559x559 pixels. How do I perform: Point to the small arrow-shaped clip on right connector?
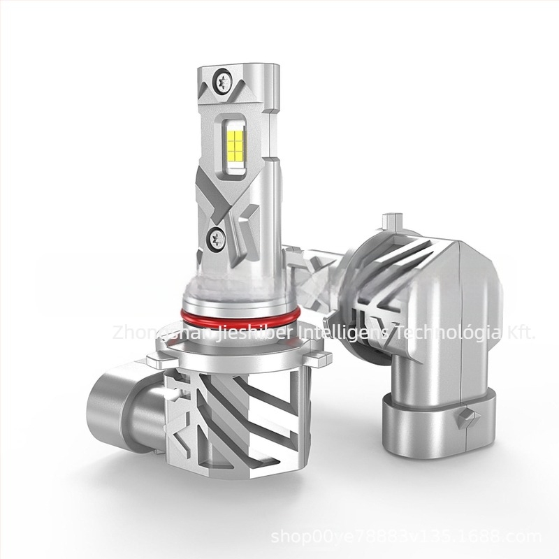[x=466, y=419]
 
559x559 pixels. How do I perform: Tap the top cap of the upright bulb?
[x=238, y=71]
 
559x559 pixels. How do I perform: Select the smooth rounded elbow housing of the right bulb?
[x=454, y=307]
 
